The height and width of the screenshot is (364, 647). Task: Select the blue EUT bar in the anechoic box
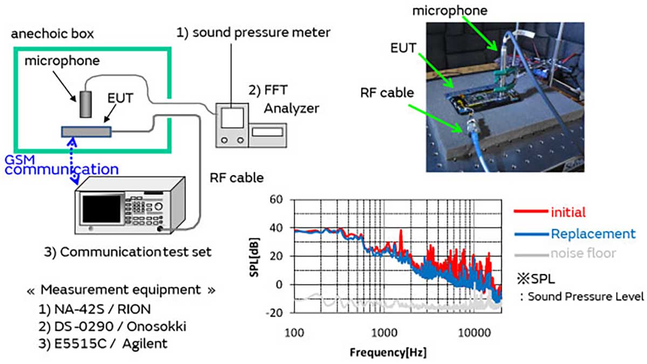86,131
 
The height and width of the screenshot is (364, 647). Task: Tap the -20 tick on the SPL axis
275,312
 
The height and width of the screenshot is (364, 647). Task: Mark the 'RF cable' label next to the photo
387,92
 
